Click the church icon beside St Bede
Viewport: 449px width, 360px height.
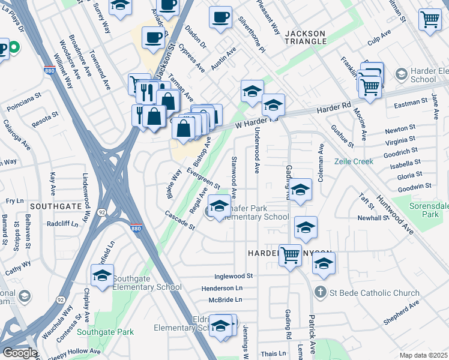point(321,293)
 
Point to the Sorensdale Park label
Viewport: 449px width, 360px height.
point(427,209)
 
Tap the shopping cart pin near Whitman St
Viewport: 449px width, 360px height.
point(430,19)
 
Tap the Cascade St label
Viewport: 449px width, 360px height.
point(180,220)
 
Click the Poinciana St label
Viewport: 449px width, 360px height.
point(24,101)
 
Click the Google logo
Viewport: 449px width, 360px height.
point(20,353)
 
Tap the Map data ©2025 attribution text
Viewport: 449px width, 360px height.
point(423,355)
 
